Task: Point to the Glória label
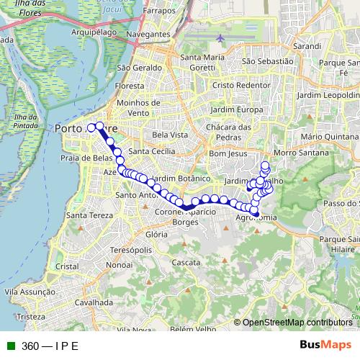click(x=156, y=235)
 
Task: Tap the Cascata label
click(x=186, y=263)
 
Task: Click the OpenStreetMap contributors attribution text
click(x=297, y=323)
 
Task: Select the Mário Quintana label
click(x=328, y=135)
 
